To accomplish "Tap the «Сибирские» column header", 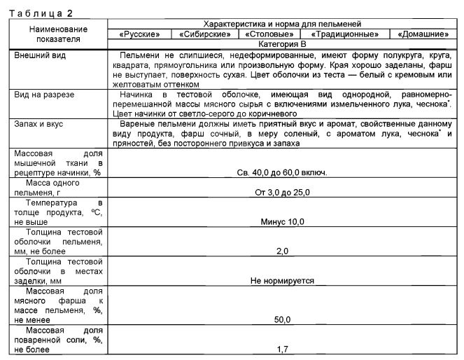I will [x=205, y=34].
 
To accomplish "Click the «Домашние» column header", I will [x=423, y=34].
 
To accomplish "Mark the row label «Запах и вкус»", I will [x=41, y=123].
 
